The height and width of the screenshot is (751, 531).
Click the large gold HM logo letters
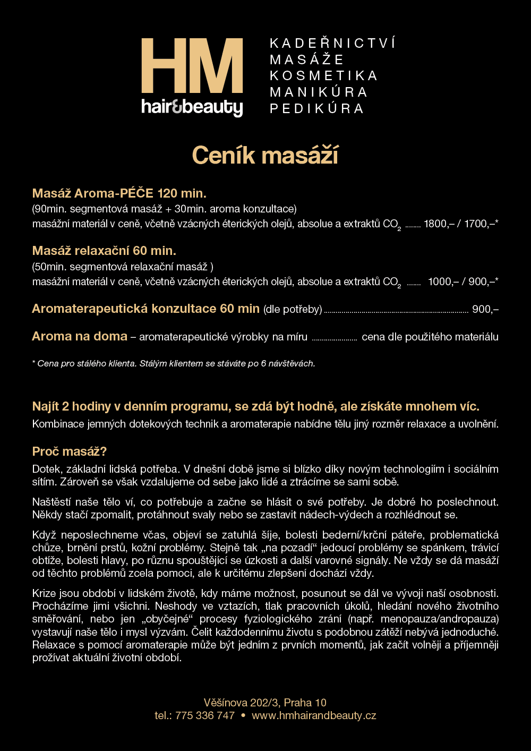192,66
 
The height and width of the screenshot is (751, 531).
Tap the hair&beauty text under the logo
192,107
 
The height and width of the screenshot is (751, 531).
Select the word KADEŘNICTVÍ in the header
332,44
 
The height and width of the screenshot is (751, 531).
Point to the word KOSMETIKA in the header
323,76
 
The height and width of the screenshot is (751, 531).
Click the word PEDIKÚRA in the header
317,109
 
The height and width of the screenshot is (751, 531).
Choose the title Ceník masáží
265,156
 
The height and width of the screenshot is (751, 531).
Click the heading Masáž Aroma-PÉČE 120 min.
119,193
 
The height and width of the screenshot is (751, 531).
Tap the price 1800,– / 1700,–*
460,224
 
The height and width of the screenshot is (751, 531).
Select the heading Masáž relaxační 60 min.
104,251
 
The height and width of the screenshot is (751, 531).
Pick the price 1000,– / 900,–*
463,281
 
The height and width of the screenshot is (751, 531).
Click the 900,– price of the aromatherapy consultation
485,309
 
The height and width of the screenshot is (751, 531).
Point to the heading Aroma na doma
80,336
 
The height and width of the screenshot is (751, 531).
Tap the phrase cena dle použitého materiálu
430,337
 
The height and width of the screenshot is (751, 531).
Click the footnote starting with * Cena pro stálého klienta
174,364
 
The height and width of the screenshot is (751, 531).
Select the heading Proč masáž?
70,451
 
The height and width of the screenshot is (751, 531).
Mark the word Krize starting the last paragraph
44,593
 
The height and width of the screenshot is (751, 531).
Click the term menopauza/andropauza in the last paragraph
439,619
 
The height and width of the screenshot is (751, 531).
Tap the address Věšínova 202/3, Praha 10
265,703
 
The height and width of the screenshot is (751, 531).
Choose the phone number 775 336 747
204,715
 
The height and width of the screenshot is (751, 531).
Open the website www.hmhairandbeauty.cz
314,715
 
